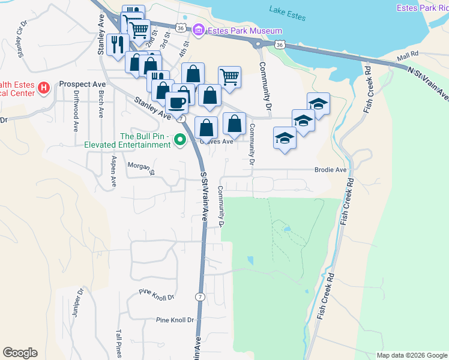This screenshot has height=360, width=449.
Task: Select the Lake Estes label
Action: [285, 10]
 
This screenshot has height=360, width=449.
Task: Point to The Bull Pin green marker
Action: [179, 141]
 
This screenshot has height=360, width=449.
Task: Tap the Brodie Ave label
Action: [331, 170]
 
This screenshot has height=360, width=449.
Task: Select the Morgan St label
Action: [141, 167]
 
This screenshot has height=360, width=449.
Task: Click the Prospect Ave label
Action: [83, 85]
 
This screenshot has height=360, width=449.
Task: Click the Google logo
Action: [20, 353]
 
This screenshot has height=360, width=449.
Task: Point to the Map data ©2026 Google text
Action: [412, 355]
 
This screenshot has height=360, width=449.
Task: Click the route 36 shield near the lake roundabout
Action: [280, 44]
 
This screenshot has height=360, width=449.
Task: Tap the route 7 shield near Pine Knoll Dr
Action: [199, 297]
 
